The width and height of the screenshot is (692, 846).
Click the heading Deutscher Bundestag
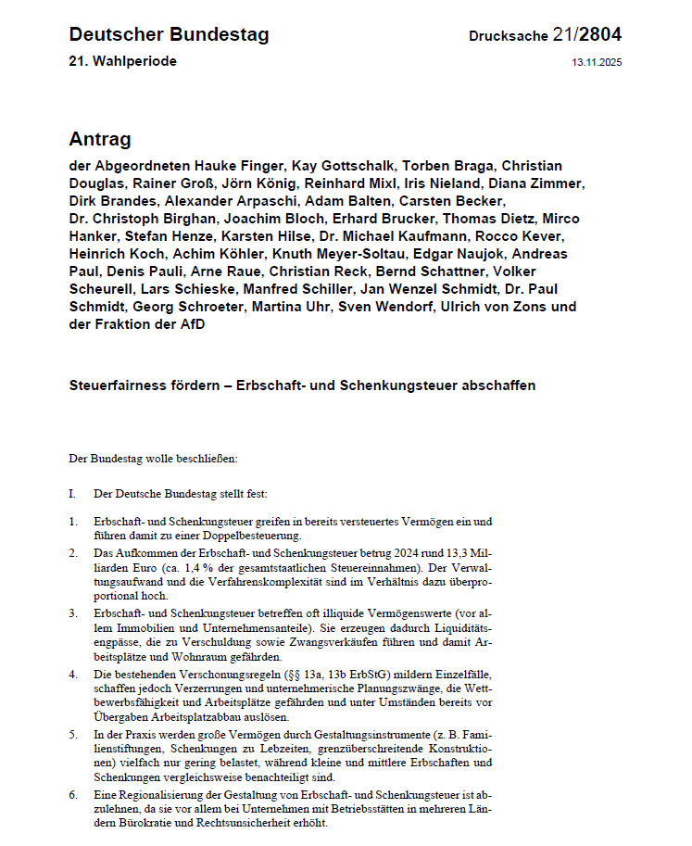click(x=169, y=35)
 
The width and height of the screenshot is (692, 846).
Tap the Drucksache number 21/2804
click(x=586, y=35)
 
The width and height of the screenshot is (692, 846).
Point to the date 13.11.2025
click(x=598, y=62)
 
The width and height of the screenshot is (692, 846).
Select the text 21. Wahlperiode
click(x=122, y=61)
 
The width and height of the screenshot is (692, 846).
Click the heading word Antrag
click(x=100, y=139)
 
